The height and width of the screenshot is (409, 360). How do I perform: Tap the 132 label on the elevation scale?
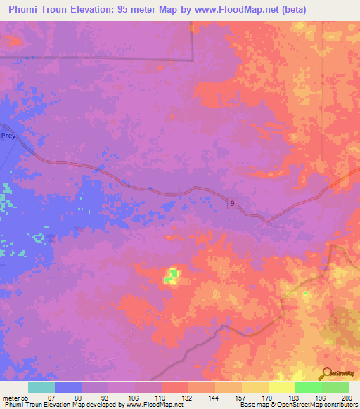[188, 398]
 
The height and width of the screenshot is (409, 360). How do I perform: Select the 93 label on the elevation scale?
[108, 398]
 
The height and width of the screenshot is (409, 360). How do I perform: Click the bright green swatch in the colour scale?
[308, 387]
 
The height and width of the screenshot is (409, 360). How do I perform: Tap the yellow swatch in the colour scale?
[281, 387]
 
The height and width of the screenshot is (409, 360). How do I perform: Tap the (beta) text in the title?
[289, 9]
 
